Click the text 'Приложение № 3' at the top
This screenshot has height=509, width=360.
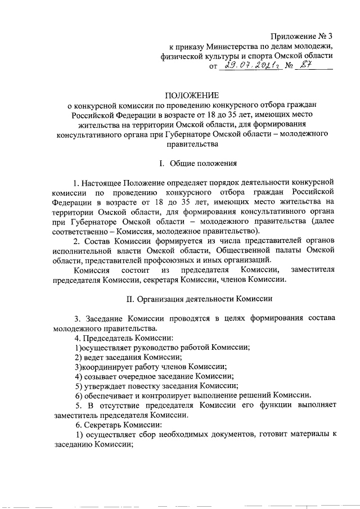(x=301, y=35)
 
